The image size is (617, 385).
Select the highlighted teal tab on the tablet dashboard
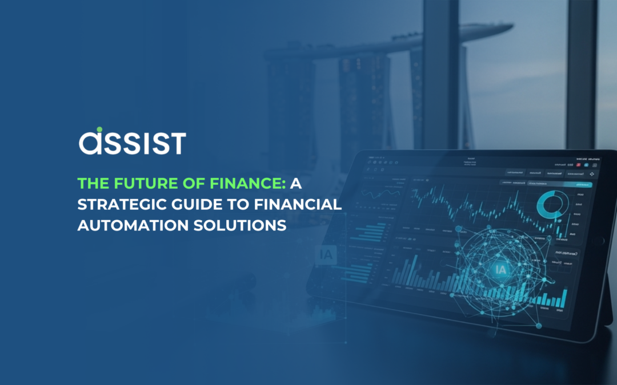578,185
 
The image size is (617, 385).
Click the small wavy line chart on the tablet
371,195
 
